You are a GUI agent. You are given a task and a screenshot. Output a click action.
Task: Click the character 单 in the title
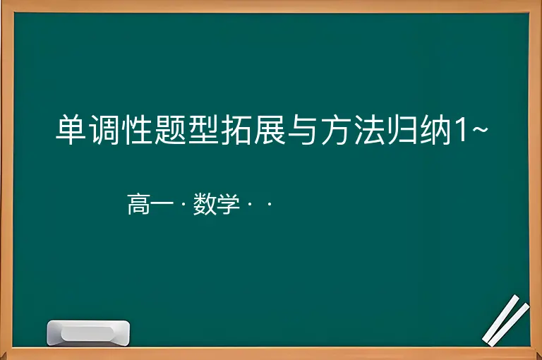click(x=71, y=130)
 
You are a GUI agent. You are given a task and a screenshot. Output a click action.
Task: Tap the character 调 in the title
click(x=104, y=130)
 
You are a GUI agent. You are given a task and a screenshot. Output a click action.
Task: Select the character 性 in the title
click(x=137, y=130)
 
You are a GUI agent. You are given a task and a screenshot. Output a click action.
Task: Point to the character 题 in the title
click(x=170, y=130)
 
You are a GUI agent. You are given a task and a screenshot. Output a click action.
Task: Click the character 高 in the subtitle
click(x=138, y=204)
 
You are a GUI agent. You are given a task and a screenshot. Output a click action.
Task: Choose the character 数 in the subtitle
click(x=205, y=204)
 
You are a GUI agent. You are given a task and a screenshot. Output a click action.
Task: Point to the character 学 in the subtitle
click(x=228, y=204)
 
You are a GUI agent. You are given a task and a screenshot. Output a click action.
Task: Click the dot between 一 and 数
click(x=183, y=204)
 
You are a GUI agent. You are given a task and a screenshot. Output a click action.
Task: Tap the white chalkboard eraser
click(x=88, y=332)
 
